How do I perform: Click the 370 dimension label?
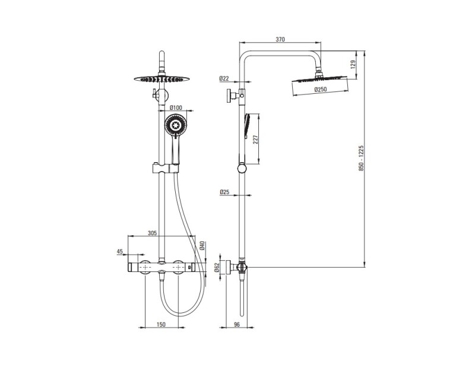pos(280,39)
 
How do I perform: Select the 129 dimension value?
pos(353,65)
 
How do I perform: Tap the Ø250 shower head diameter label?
pos(321,90)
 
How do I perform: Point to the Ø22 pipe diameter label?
pos(224,78)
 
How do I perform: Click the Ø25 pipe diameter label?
pos(224,192)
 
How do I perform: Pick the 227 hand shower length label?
pos(255,140)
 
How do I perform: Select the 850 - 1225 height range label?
pos(361,158)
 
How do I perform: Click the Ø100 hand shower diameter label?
pos(176,107)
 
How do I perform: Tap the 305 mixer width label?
pos(152,233)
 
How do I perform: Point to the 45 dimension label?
pos(120,251)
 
